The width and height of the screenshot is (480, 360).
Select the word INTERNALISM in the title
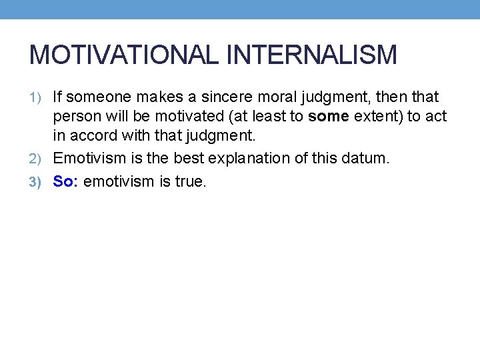point(313,55)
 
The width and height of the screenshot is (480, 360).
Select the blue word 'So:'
point(66,181)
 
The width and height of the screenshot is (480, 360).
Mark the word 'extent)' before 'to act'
point(379,117)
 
